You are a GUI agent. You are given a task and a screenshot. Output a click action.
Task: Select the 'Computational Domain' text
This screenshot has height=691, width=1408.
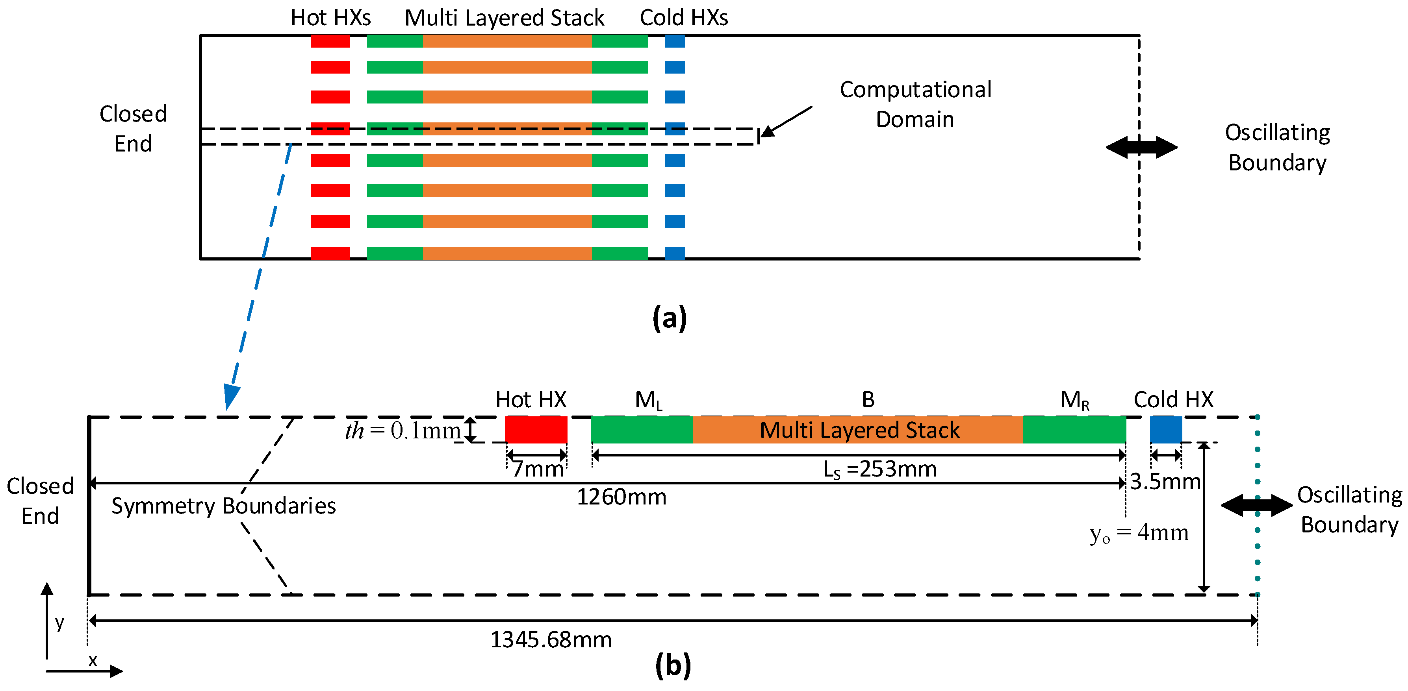tap(916, 104)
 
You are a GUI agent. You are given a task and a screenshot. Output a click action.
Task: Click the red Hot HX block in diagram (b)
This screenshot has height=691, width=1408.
tap(536, 429)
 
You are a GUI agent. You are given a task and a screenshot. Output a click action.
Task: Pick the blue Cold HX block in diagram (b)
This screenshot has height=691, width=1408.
tap(1166, 429)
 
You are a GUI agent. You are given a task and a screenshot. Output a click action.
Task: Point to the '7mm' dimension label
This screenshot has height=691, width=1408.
tap(537, 469)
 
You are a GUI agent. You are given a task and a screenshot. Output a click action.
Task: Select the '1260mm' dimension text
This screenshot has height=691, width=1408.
tap(621, 497)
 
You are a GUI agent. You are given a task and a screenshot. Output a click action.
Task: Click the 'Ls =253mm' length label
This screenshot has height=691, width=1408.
tap(880, 469)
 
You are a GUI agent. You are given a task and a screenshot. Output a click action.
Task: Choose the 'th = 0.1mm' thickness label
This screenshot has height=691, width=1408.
tap(403, 430)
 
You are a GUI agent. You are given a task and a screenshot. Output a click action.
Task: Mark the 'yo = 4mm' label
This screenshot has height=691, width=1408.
tap(1139, 532)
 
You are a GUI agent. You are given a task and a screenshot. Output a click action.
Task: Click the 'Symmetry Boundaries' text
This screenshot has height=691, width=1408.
tap(224, 506)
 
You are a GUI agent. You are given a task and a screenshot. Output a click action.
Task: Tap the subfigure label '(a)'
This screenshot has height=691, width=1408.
tap(670, 318)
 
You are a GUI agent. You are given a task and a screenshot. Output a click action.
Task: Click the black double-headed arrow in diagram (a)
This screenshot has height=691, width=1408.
tap(1141, 147)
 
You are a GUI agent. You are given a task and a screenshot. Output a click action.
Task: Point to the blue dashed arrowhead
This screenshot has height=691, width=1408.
tap(232, 396)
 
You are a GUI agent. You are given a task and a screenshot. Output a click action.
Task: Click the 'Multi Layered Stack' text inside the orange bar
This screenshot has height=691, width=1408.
tap(859, 430)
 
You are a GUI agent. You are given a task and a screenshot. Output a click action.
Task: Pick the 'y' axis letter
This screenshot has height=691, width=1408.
tap(59, 623)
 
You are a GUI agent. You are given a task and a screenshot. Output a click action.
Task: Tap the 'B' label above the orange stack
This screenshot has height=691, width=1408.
tap(868, 399)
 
